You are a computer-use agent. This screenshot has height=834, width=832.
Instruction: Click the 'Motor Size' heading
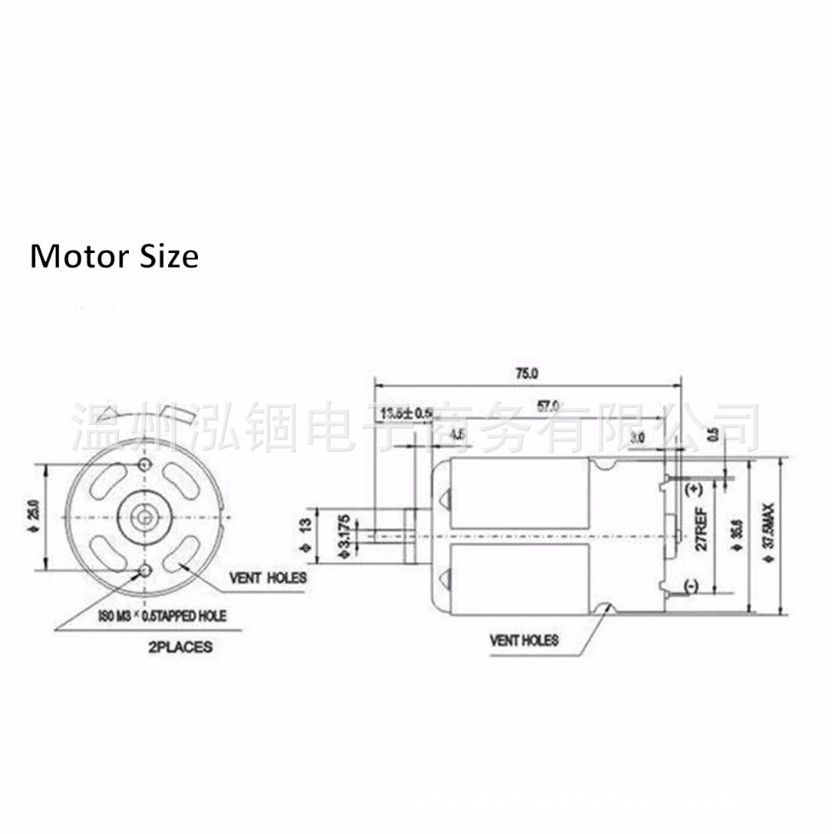114,256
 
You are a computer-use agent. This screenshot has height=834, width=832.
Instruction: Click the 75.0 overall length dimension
527,374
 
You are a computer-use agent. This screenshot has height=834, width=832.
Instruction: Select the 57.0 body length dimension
547,406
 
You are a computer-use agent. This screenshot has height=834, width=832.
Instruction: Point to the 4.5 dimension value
457,434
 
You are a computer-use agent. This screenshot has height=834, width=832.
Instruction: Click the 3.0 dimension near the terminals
637,436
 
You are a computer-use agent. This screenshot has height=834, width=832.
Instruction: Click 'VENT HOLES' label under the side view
523,641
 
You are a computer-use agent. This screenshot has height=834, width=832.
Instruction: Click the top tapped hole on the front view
146,463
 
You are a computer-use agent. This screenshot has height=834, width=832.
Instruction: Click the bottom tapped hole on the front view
146,570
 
